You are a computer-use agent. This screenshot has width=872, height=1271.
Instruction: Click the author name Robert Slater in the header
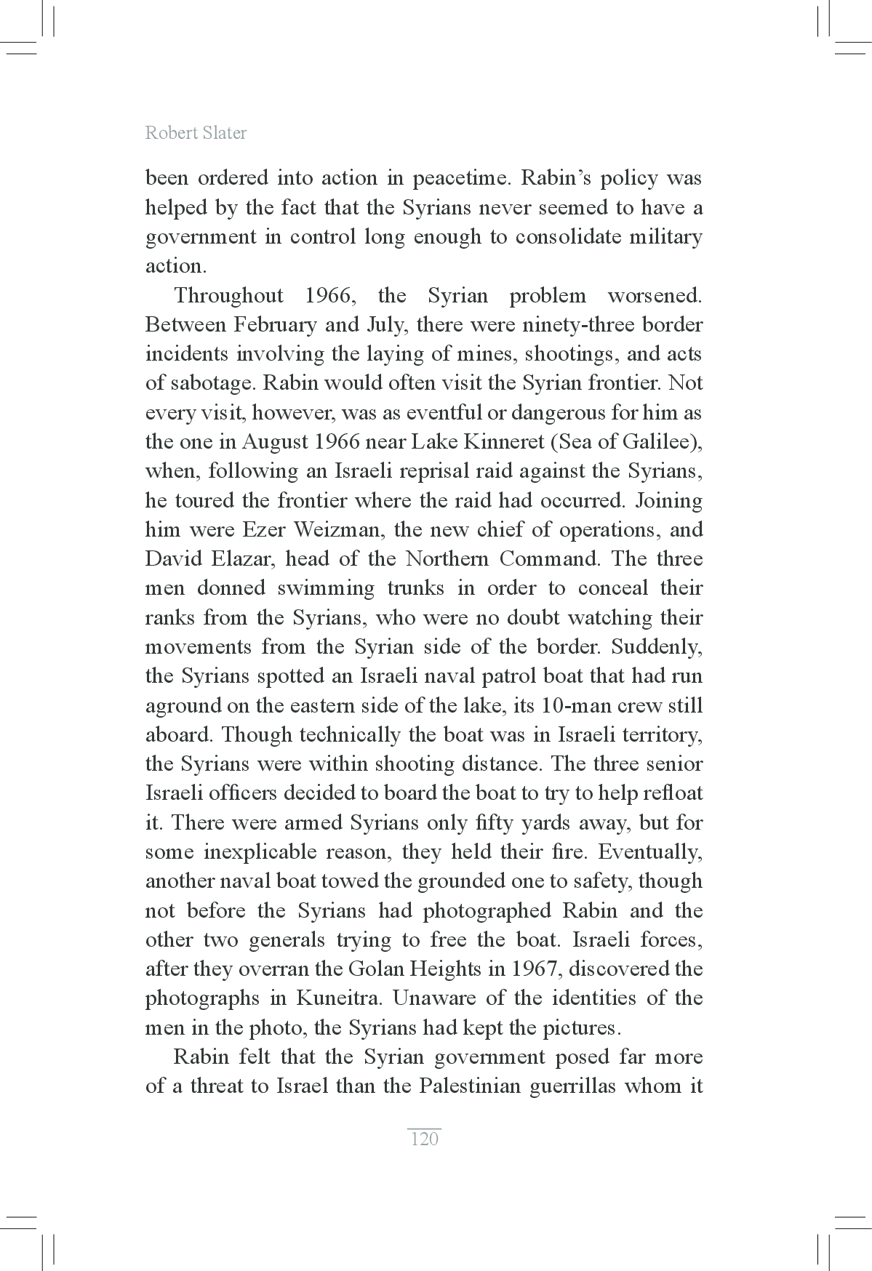196,133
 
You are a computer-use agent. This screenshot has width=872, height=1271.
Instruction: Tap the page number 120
425,1139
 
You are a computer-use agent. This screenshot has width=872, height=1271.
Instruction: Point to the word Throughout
228,296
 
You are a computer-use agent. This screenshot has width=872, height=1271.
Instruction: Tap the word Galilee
660,442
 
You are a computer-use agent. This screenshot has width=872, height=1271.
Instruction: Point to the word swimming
326,588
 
